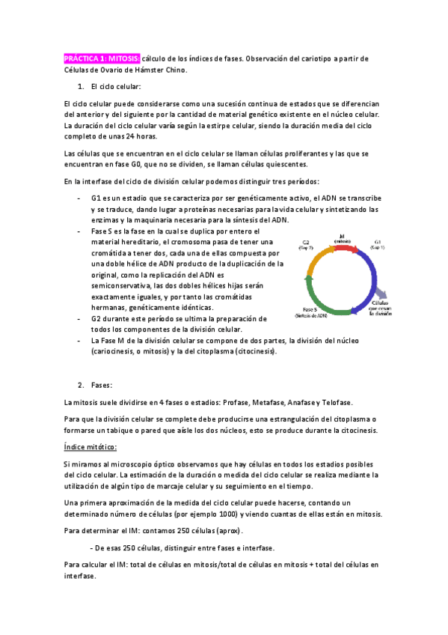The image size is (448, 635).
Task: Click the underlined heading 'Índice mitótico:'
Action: tap(90, 447)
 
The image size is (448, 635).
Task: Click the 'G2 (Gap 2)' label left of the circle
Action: tap(307, 245)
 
